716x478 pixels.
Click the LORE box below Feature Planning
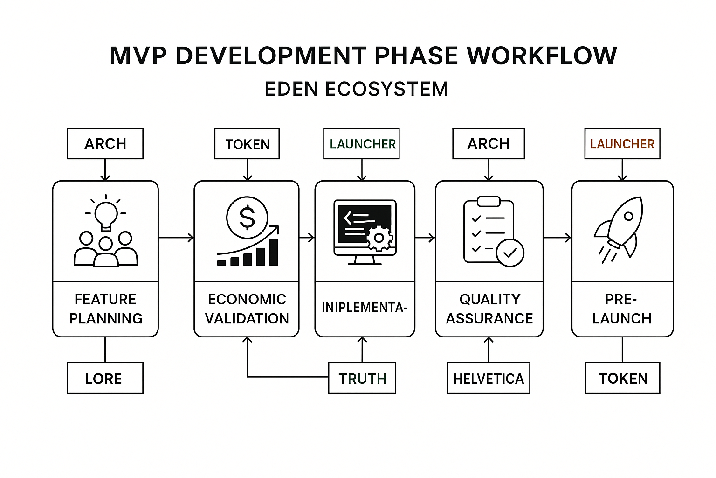point(105,378)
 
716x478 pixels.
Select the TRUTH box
point(362,378)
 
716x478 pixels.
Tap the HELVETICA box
point(489,378)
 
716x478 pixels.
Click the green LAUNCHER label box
point(362,144)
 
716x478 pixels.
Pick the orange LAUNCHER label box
point(622,144)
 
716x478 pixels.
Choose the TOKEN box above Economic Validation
point(247,144)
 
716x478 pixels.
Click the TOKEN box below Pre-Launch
point(622,378)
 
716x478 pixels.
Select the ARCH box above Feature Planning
point(105,144)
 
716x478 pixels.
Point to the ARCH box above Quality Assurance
point(489,144)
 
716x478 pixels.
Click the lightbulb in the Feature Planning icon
point(106,214)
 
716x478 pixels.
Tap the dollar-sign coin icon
point(247,218)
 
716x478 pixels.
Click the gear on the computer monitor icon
point(379,238)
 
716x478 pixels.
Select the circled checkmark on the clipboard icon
point(510,253)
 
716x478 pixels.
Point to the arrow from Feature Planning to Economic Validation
point(176,238)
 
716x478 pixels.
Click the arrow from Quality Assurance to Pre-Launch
point(558,238)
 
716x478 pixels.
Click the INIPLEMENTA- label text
point(365,307)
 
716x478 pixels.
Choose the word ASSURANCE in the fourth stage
point(489,318)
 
